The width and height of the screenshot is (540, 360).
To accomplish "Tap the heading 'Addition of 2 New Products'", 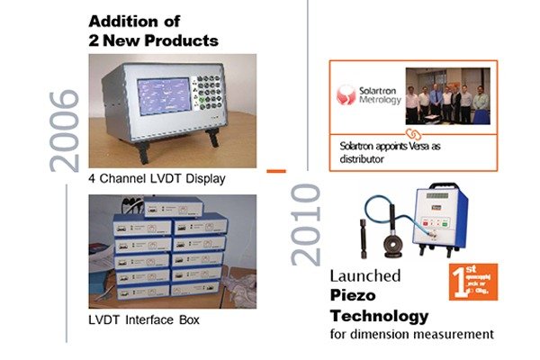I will point(153,30).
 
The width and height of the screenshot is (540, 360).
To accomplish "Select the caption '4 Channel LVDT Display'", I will point(157,179).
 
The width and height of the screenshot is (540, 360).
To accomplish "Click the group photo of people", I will point(449,95).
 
